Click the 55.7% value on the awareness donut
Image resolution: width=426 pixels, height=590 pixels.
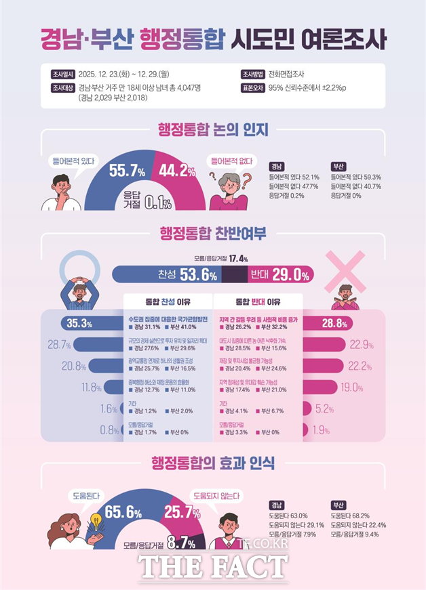point(128,171)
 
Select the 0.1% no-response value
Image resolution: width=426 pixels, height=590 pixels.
point(157,201)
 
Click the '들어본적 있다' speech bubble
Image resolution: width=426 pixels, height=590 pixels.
point(73,161)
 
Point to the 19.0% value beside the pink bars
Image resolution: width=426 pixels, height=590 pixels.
point(352,387)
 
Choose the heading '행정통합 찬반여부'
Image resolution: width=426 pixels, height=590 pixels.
point(213,234)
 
